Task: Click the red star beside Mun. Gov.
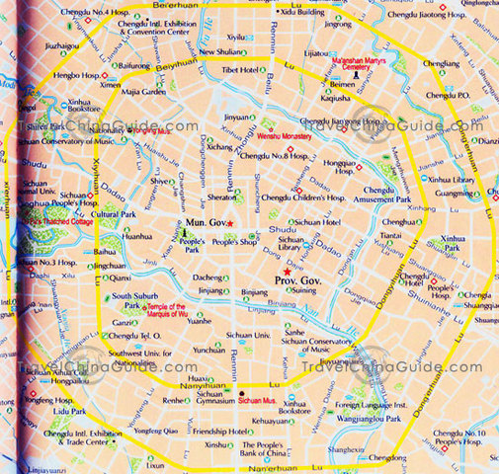coord(229,223)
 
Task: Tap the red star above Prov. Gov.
coord(287,271)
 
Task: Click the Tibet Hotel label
coord(240,70)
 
